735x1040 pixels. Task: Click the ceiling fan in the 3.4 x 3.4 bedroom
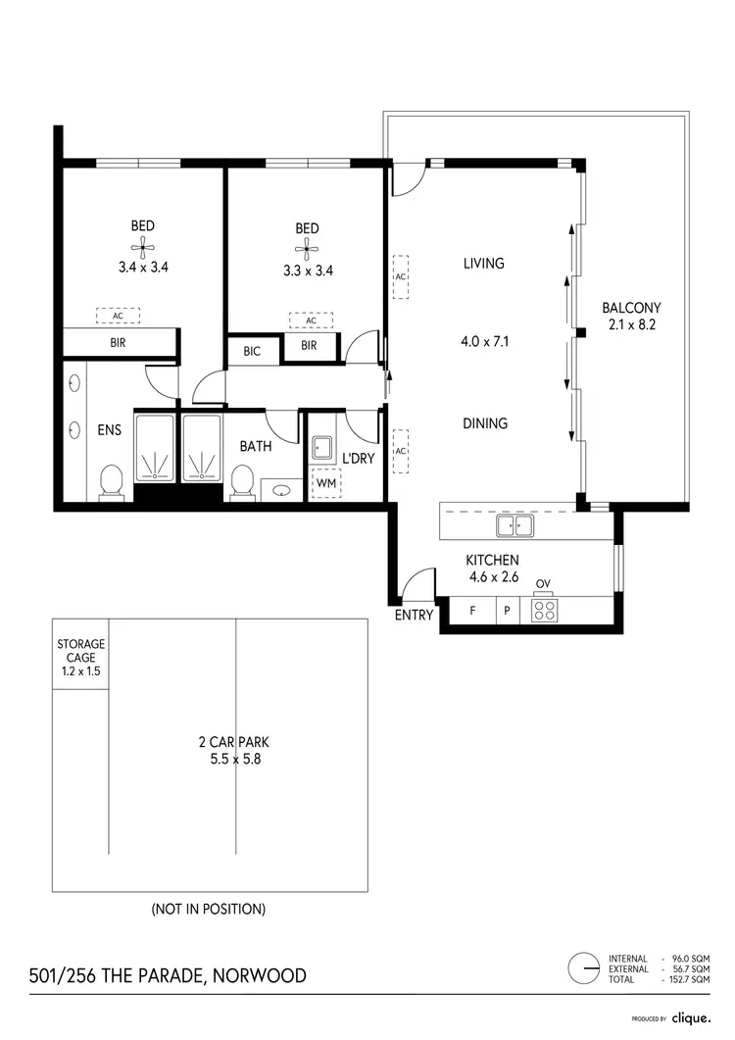(143, 246)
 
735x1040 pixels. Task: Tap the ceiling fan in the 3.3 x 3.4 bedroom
(307, 248)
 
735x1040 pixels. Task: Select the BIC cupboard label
(252, 351)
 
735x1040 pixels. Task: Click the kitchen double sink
(514, 526)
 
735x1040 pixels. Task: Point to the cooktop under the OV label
(543, 610)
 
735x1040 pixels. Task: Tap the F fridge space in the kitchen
(472, 610)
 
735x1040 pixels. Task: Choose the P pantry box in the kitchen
(507, 610)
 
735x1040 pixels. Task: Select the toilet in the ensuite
(112, 483)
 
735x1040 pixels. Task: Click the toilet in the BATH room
(242, 483)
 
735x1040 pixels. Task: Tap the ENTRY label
(413, 616)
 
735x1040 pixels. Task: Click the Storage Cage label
(80, 658)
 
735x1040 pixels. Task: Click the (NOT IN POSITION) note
(208, 909)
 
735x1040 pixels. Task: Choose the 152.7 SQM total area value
(691, 979)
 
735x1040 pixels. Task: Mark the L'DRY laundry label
(358, 457)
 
